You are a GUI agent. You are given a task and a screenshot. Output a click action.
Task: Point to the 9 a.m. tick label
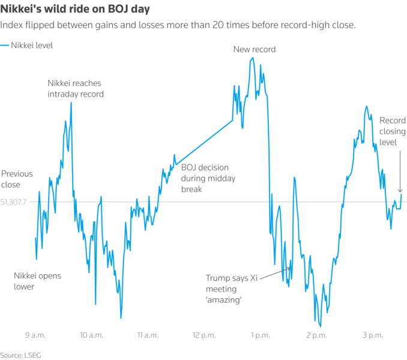[35, 334]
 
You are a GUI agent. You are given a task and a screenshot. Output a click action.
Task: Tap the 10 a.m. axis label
[91, 334]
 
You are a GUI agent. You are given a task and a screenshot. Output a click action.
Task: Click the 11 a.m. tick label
[148, 334]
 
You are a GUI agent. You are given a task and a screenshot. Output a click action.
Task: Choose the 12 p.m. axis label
[204, 334]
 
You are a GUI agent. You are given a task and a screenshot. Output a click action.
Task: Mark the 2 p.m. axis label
[316, 334]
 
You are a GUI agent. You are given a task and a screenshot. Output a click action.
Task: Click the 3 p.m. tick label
[372, 334]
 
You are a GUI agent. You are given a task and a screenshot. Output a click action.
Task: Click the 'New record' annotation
[254, 49]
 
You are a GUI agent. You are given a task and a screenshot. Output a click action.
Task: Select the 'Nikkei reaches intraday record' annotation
[76, 88]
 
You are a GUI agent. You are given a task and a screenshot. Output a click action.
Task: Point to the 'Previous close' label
[17, 179]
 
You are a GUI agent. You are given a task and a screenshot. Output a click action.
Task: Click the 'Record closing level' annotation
[392, 131]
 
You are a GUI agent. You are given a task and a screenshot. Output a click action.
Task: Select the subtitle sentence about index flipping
[178, 26]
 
